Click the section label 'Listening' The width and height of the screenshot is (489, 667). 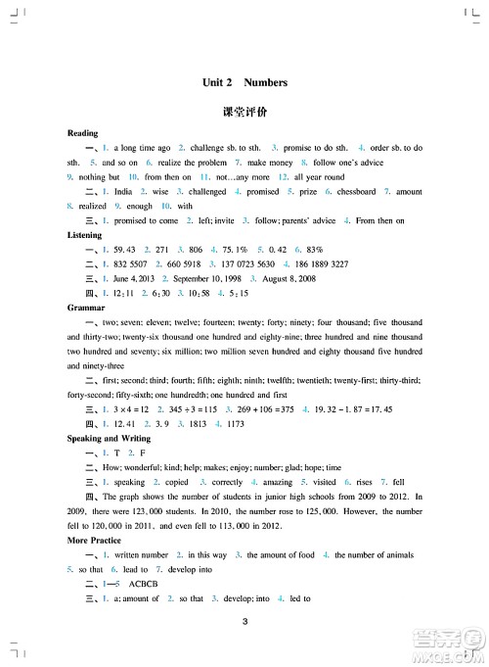(87, 236)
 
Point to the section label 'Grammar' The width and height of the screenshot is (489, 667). (87, 305)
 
